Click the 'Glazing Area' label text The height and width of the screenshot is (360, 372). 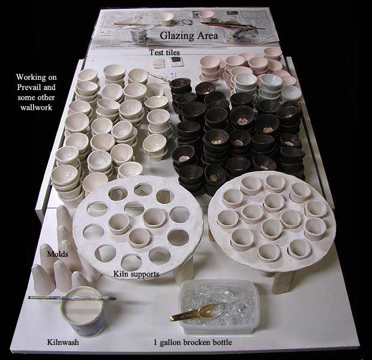pos(188,36)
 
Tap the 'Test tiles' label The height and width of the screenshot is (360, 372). pos(164,52)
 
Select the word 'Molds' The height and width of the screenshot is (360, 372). pos(58,254)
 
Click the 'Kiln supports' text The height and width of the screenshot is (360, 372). pos(136,274)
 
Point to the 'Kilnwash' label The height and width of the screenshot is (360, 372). pos(63,342)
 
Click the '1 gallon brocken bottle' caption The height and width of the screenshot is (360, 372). pos(193,343)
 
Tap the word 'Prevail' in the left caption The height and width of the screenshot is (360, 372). pos(26,87)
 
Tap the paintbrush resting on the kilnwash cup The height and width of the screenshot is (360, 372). pos(72,298)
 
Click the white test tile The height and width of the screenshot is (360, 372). pos(158,64)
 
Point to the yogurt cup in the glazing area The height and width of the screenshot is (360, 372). pos(139,35)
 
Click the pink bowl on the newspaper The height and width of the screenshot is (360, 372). pos(205,16)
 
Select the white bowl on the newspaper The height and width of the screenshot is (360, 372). pos(166,19)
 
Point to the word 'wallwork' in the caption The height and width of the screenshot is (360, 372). pos(36,107)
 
